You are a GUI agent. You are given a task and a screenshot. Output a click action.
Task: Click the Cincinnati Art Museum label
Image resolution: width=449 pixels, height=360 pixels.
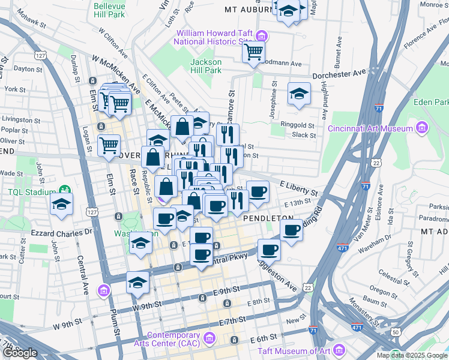click(370, 128)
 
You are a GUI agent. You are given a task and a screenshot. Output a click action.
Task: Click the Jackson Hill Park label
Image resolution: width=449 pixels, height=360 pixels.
click(206, 66)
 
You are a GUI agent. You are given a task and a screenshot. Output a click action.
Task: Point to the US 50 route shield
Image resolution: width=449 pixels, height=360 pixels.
click(396, 332)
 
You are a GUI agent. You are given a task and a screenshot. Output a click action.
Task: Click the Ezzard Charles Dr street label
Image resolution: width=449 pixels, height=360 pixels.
click(56, 232)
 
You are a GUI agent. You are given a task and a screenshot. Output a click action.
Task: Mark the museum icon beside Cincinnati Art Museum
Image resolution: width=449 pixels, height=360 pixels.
click(421, 128)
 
